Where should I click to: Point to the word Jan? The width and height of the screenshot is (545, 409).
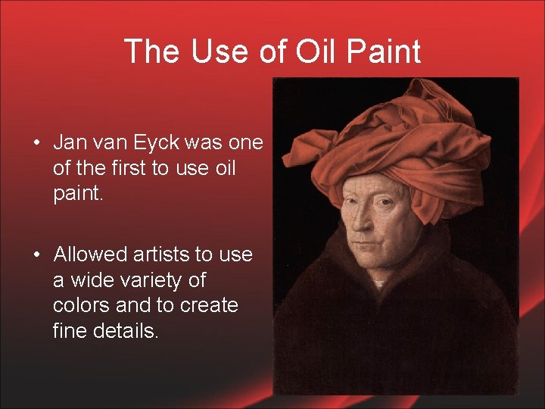70,142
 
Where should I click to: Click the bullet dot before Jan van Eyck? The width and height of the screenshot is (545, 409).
36,143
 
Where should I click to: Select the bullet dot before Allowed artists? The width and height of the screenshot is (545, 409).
36,254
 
